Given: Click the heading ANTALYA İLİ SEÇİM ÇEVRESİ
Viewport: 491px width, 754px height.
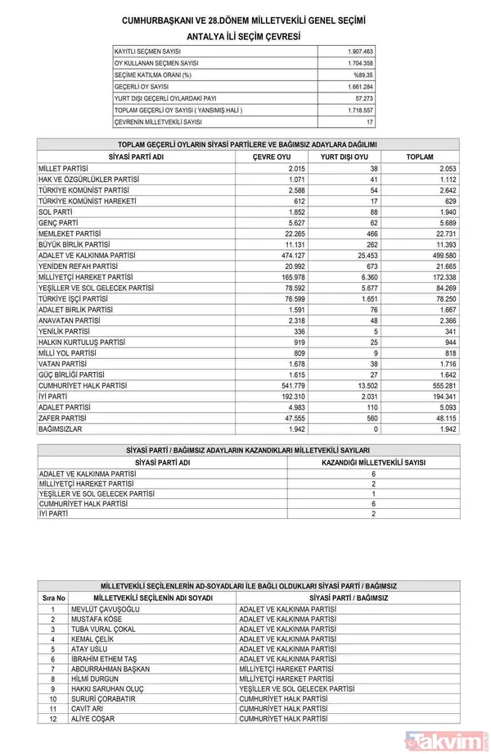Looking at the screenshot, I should (x=244, y=37).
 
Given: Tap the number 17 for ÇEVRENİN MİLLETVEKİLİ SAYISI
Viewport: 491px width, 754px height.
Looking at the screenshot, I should (x=369, y=122).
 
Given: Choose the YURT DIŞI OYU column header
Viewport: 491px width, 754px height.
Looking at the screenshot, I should (x=344, y=156).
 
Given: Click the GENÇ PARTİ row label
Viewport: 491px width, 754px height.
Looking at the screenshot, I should (x=59, y=222).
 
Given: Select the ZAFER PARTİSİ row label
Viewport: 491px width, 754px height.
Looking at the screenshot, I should (x=62, y=417).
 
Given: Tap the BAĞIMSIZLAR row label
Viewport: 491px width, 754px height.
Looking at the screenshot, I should (x=61, y=429).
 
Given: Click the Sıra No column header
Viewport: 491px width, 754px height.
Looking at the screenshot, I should (x=53, y=597).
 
